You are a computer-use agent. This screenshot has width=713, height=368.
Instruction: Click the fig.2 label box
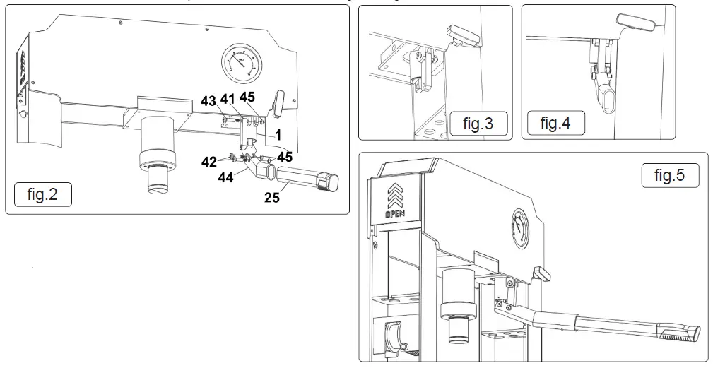pos(42,194)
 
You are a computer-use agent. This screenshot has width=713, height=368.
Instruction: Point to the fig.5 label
pos(669,175)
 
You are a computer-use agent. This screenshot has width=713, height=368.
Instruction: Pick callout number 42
pos(208,162)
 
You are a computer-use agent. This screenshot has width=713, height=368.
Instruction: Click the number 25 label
pos(271,198)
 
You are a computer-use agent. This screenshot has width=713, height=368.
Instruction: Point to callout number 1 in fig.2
pos(278,132)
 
